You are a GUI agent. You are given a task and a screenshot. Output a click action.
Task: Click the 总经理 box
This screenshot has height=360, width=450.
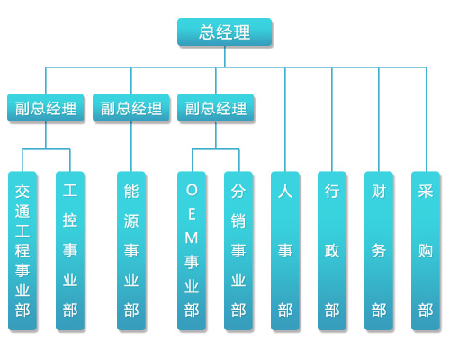pos(225,31)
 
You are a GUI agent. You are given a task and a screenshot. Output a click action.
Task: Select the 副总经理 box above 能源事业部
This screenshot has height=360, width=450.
pos(131,108)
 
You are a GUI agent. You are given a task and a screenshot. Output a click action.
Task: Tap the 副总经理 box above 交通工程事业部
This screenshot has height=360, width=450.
pos(46,108)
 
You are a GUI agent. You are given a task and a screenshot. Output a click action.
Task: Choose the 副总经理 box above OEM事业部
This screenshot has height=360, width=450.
pos(216,108)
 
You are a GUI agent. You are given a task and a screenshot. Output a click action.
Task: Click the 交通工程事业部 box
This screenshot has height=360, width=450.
pos(22,251)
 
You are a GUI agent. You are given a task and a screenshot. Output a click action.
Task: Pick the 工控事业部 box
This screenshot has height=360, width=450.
pos(70,251)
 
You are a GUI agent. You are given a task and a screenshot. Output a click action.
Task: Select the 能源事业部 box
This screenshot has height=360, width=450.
pos(131,251)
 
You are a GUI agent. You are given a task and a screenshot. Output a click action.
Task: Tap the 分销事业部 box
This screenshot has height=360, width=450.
pos(238,251)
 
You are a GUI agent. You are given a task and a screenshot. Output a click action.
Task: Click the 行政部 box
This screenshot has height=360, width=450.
pos(332,251)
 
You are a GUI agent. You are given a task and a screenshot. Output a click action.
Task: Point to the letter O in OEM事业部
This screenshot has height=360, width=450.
pos(192,190)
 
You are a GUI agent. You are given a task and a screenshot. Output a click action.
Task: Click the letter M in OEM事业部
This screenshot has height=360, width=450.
pos(192,238)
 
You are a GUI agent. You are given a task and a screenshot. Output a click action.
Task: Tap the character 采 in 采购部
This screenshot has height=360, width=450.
pos(426,192)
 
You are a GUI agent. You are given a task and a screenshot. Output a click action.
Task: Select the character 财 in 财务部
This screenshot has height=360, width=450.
pos(379,192)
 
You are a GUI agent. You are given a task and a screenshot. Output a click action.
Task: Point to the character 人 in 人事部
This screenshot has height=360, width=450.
pos(285,192)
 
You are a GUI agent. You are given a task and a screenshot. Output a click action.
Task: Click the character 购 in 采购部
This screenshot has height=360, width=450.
pos(426,251)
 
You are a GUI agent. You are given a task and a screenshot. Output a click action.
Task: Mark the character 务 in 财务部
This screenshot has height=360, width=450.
pos(379,251)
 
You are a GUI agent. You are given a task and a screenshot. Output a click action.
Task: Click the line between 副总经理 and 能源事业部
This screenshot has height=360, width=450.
pos(131,147)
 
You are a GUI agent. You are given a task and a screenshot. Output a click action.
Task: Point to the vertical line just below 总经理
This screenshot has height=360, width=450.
pos(225,57)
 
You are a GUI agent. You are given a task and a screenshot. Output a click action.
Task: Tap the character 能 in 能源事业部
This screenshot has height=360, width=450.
pos(131,192)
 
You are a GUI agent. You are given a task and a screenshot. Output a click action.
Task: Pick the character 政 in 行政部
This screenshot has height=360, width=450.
pos(332,251)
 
